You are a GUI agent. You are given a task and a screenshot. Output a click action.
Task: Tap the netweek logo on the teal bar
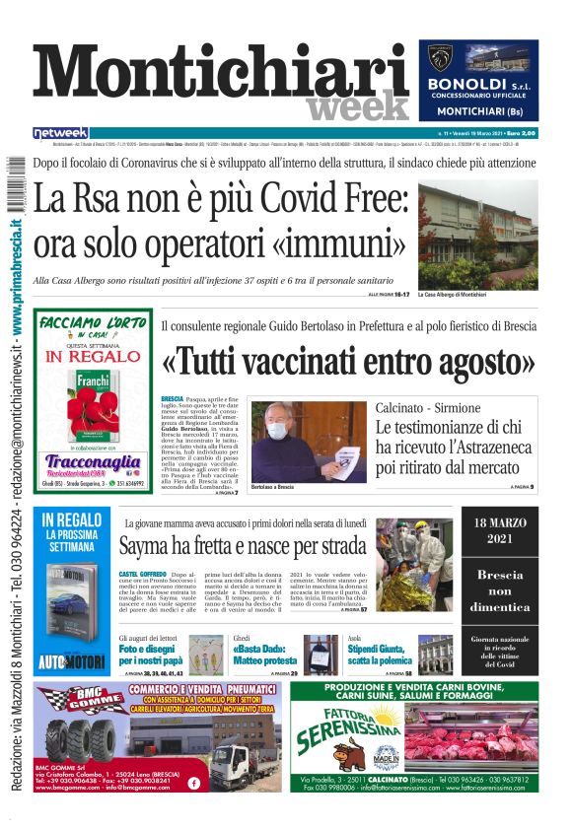[x=60, y=132]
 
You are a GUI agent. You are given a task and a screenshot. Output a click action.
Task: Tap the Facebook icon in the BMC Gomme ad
[x=193, y=783]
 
